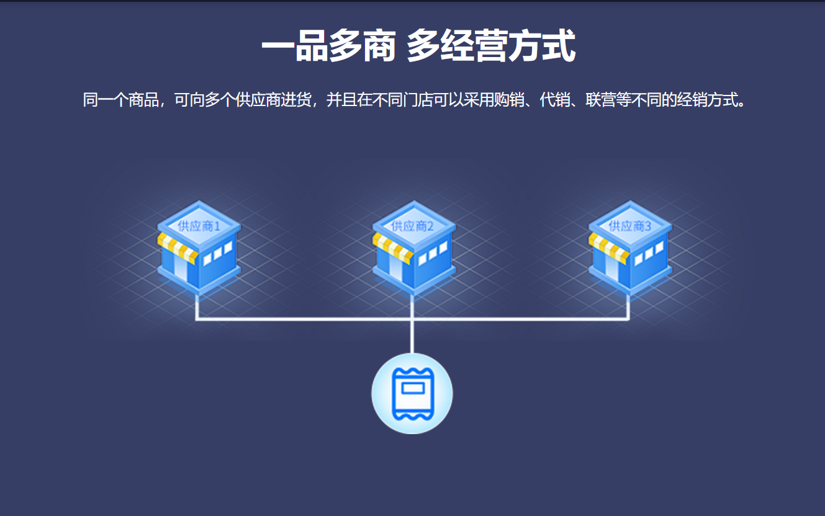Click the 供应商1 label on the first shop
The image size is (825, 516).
point(199,226)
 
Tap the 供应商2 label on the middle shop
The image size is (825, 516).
point(413,226)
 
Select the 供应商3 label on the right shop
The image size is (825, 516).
point(629,226)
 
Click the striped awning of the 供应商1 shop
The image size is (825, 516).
point(178,247)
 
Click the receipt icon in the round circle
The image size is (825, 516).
point(412,393)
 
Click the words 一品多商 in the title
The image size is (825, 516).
point(328,46)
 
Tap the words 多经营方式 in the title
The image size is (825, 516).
point(491,46)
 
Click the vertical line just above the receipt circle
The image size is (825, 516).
point(412,338)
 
